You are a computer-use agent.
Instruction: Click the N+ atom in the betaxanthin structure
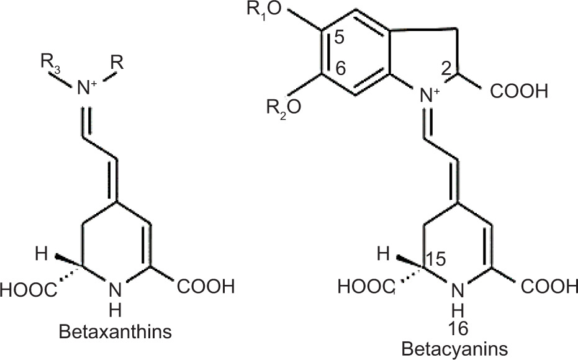(x=89, y=89)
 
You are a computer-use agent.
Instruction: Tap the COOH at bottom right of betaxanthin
(x=206, y=287)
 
